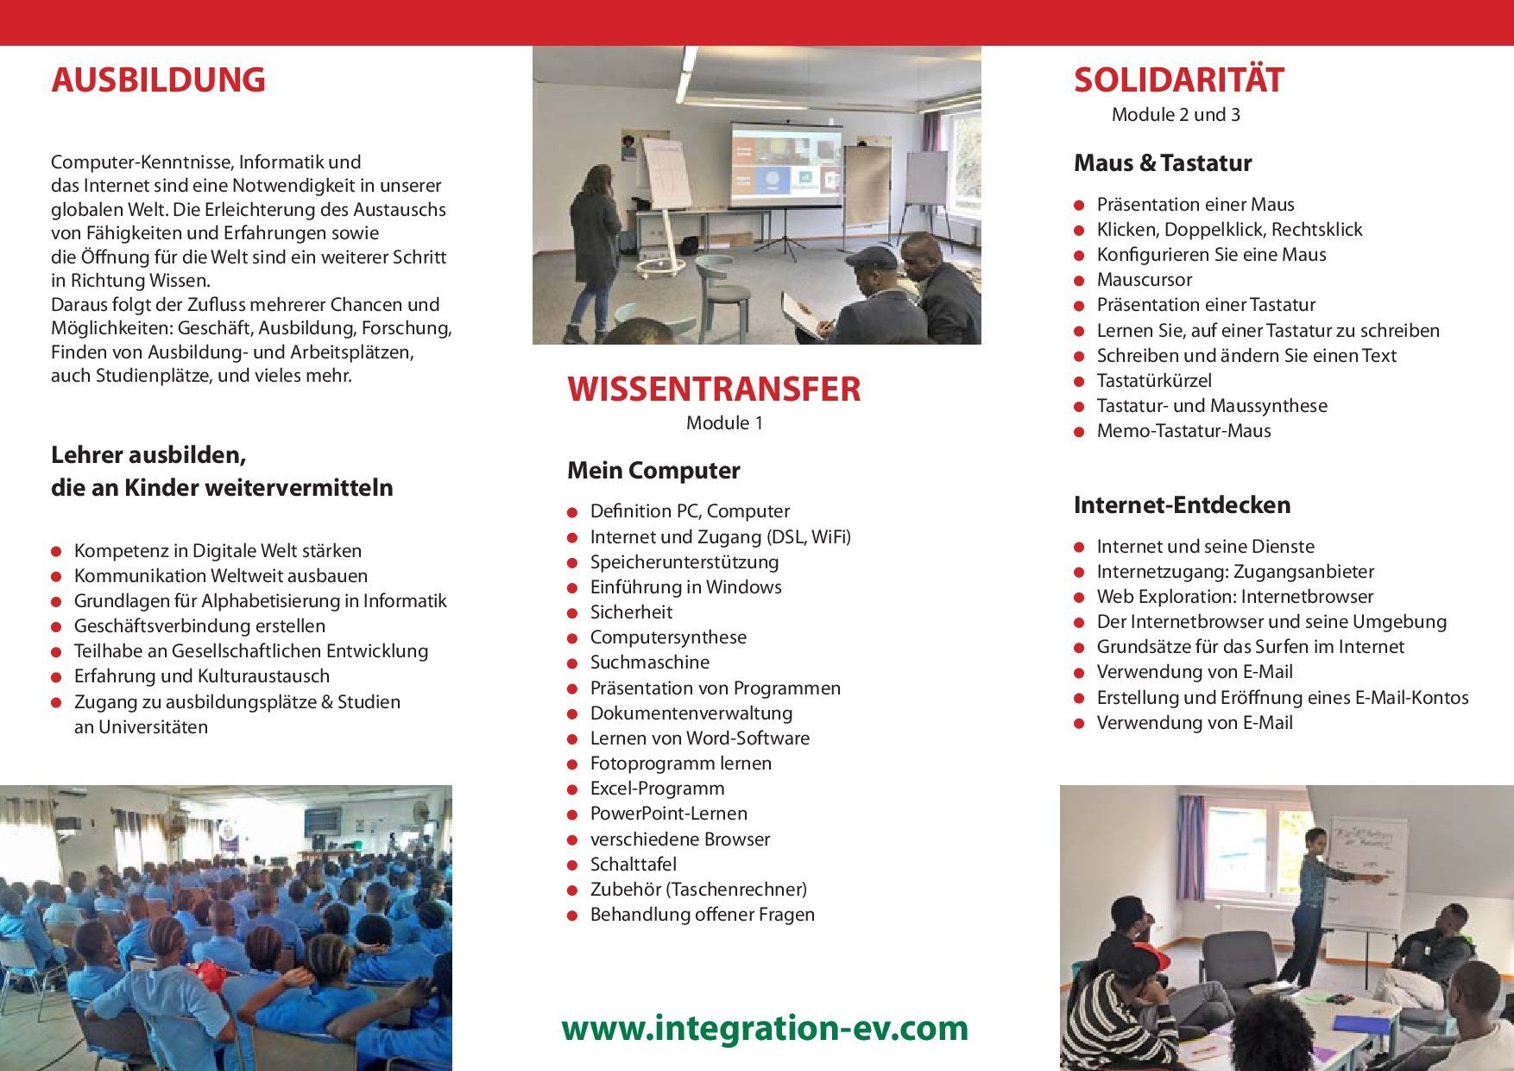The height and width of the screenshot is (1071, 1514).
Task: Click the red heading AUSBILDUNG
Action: pyautogui.click(x=158, y=79)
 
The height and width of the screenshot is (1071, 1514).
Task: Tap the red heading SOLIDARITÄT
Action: pyautogui.click(x=1178, y=79)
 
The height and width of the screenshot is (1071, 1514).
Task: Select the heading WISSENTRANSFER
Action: pyautogui.click(x=714, y=390)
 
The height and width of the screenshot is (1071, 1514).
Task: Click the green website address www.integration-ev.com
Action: pyautogui.click(x=765, y=1028)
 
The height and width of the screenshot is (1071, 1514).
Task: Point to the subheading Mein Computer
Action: pyautogui.click(x=653, y=471)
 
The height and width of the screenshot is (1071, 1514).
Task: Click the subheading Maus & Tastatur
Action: pyautogui.click(x=1162, y=162)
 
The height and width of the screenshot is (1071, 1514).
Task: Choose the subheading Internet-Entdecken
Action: pyautogui.click(x=1182, y=504)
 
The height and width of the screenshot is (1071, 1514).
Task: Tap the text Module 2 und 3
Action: pyautogui.click(x=1176, y=115)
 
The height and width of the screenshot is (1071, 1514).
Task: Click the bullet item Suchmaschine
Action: pyautogui.click(x=650, y=662)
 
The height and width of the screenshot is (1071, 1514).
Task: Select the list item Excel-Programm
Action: pyautogui.click(x=658, y=789)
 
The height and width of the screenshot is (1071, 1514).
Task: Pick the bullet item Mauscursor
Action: pyautogui.click(x=1145, y=280)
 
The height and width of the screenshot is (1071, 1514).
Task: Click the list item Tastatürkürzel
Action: pyautogui.click(x=1154, y=381)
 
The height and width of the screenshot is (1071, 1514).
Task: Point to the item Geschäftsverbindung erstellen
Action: pyautogui.click(x=199, y=626)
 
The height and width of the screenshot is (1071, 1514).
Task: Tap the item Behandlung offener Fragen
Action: pyautogui.click(x=703, y=915)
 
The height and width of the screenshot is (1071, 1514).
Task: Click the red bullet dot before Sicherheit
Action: pyautogui.click(x=572, y=613)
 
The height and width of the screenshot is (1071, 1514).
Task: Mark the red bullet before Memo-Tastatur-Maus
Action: pyautogui.click(x=1079, y=432)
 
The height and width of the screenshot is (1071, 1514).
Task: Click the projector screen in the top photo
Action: pyautogui.click(x=785, y=165)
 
